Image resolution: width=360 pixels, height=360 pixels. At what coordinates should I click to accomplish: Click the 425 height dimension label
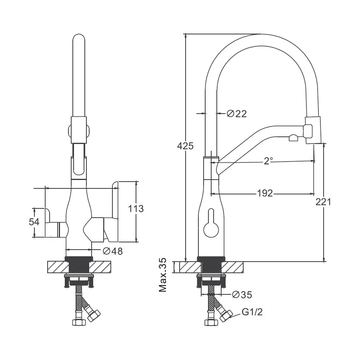(x=185, y=146)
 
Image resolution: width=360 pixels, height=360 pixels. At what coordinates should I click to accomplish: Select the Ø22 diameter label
(x=237, y=114)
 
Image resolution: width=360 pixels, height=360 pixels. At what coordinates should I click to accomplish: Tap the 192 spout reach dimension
(x=265, y=193)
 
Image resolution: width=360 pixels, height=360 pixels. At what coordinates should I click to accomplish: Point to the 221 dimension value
(x=323, y=202)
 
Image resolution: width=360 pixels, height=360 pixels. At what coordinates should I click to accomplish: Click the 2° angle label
(x=268, y=161)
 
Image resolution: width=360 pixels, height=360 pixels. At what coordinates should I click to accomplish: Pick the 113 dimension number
(x=136, y=209)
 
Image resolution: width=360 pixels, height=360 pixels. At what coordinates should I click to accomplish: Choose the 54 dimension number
(x=34, y=222)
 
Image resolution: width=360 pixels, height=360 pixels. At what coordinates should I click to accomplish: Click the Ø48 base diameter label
(x=113, y=251)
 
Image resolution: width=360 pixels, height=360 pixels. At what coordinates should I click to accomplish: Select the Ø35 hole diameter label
(x=242, y=294)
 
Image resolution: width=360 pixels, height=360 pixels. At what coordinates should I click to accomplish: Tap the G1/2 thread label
(x=252, y=312)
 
